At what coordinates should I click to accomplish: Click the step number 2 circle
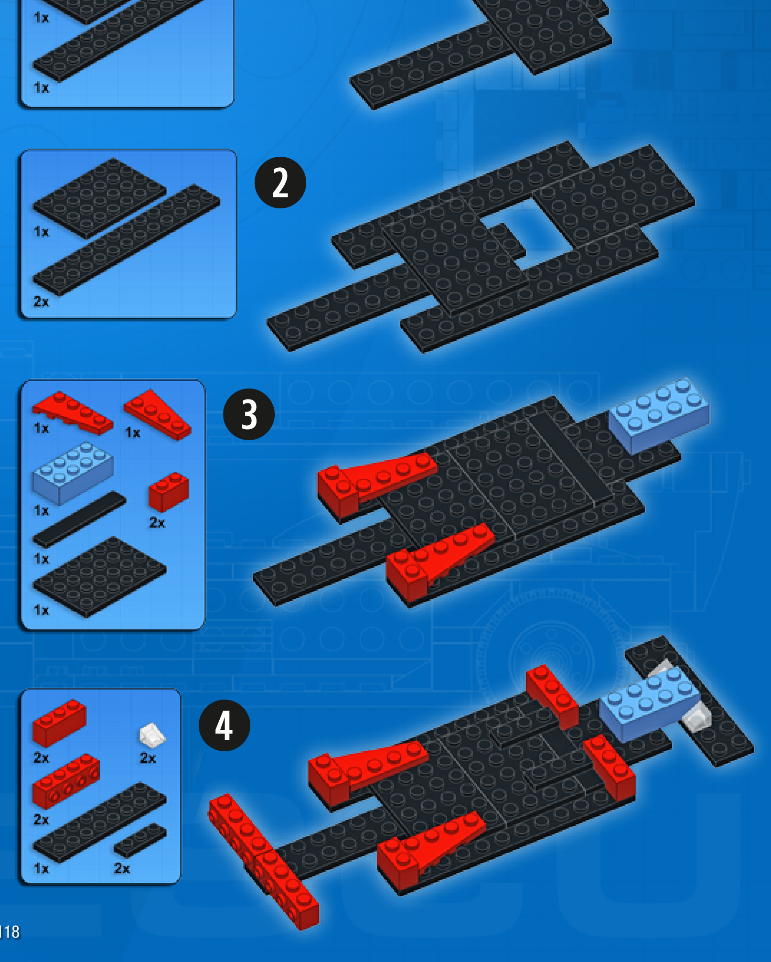pyautogui.click(x=280, y=183)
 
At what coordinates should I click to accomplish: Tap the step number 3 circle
pyautogui.click(x=249, y=414)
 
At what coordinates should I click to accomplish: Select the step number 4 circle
pyautogui.click(x=225, y=725)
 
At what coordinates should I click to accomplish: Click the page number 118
pyautogui.click(x=10, y=931)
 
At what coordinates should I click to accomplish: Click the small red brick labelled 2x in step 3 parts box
pyautogui.click(x=169, y=491)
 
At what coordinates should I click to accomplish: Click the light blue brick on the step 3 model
pyautogui.click(x=659, y=415)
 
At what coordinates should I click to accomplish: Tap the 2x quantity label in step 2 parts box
pyautogui.click(x=42, y=302)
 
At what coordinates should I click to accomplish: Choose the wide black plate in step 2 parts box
pyautogui.click(x=99, y=198)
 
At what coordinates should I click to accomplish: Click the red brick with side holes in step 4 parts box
pyautogui.click(x=66, y=781)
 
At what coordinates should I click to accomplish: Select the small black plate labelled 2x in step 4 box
pyautogui.click(x=140, y=840)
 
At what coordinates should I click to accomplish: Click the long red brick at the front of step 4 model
pyautogui.click(x=264, y=861)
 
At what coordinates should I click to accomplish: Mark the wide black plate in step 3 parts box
pyautogui.click(x=99, y=577)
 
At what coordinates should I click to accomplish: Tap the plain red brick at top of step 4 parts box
pyautogui.click(x=59, y=723)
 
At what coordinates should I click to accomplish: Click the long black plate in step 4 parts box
pyautogui.click(x=99, y=822)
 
